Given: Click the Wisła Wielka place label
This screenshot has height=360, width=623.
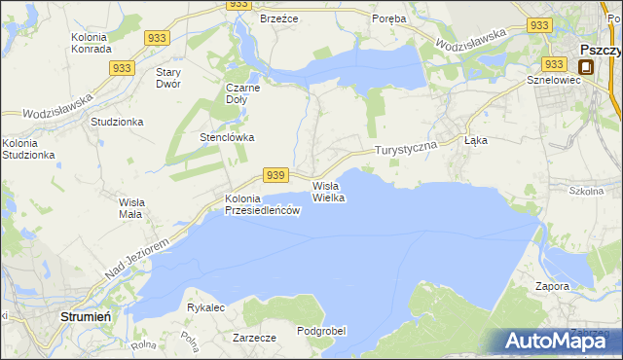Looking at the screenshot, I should pyautogui.click(x=329, y=192).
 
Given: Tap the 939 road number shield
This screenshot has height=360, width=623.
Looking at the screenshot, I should pyautogui.click(x=276, y=174).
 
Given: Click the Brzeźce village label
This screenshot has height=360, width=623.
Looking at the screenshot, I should pyautogui.click(x=278, y=18).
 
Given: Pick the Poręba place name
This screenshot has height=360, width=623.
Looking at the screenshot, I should pyautogui.click(x=389, y=18).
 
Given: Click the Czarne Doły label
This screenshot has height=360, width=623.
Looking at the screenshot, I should pyautogui.click(x=242, y=92).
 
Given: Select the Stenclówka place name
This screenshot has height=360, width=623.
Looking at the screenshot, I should pyautogui.click(x=227, y=137).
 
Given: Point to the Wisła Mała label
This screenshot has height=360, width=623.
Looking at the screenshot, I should pyautogui.click(x=130, y=207).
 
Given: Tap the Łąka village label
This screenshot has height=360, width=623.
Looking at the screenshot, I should pyautogui.click(x=476, y=140).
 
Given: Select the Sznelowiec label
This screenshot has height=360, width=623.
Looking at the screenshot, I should pyautogui.click(x=553, y=80).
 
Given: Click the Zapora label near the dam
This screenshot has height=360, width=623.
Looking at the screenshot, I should pyautogui.click(x=552, y=287).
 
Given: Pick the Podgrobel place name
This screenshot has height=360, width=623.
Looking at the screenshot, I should pyautogui.click(x=321, y=331).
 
